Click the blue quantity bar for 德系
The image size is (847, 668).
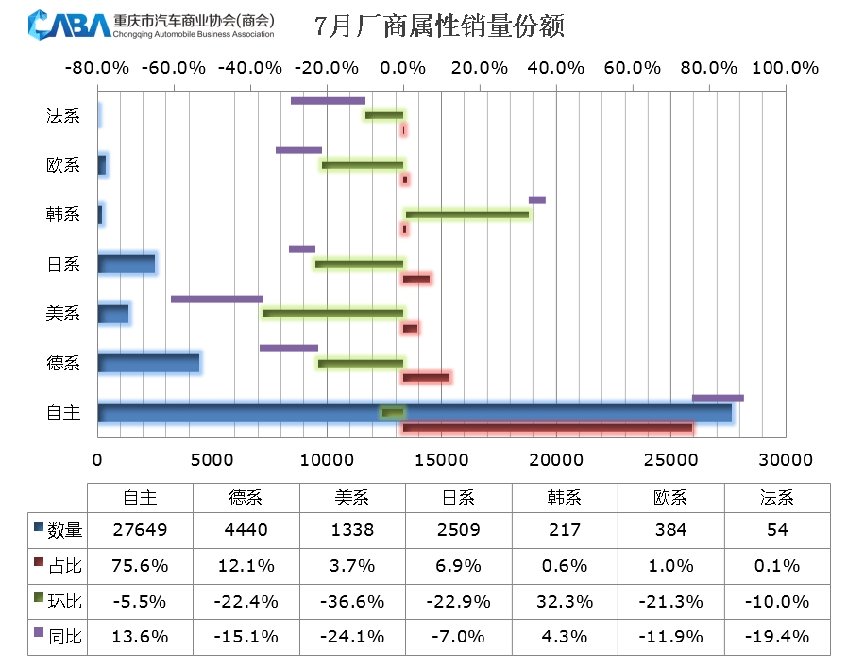(x=148, y=363)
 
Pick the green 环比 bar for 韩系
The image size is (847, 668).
(x=466, y=214)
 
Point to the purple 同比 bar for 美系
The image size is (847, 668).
(x=217, y=299)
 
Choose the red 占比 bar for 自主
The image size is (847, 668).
(x=548, y=428)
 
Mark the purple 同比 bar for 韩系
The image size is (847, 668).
(x=536, y=199)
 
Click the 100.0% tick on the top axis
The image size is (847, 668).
(x=785, y=68)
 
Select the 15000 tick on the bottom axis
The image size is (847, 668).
(x=441, y=460)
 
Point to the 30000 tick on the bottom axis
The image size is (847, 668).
(x=786, y=460)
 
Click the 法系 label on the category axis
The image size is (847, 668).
(x=63, y=116)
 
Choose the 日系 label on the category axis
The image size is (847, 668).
(x=63, y=264)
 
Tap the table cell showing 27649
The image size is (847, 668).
(x=140, y=530)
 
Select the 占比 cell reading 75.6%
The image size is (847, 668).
(x=140, y=566)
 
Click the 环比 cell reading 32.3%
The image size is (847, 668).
(x=565, y=601)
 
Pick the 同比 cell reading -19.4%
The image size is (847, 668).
(x=777, y=636)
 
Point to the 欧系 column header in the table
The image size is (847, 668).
(x=671, y=497)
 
